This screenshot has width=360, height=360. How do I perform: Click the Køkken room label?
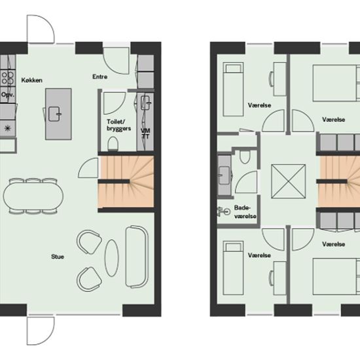pyautogui.click(x=31, y=80)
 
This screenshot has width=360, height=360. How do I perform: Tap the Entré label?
pyautogui.click(x=100, y=77)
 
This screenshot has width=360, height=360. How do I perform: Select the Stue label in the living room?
pyautogui.click(x=58, y=257)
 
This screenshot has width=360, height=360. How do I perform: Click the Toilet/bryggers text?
pyautogui.click(x=118, y=125)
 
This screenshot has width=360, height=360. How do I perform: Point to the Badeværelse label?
pyautogui.click(x=245, y=211)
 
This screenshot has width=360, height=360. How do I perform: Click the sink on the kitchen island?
pyautogui.click(x=54, y=114)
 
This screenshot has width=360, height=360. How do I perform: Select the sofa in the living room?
pyautogui.click(x=137, y=257)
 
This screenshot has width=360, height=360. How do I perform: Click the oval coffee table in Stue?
pyautogui.click(x=111, y=258)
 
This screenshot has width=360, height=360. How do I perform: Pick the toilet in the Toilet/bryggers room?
pyautogui.click(x=113, y=144)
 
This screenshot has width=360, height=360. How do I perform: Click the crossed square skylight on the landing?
pyautogui.click(x=289, y=181)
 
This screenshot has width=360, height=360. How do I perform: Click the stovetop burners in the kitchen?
pyautogui.click(x=8, y=78)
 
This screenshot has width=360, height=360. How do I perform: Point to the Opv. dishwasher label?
pyautogui.click(x=8, y=95)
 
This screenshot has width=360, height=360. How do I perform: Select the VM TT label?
pyautogui.click(x=145, y=134)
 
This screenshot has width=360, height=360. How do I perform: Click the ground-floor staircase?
pyautogui.click(x=126, y=181)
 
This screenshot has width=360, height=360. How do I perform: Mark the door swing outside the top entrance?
pyautogui.click(x=41, y=29)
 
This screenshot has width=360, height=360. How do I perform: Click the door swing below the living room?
pyautogui.click(x=41, y=331)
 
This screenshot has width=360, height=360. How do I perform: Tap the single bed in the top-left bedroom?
pyautogui.click(x=233, y=89)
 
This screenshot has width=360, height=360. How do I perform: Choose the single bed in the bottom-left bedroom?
pyautogui.click(x=233, y=268)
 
